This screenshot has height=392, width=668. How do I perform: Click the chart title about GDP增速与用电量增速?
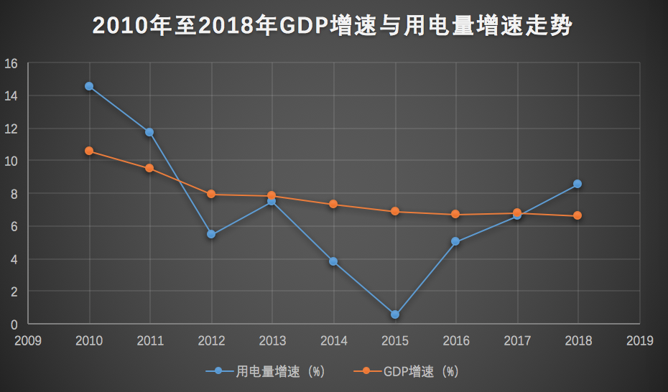333,27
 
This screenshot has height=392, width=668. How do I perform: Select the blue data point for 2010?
89,86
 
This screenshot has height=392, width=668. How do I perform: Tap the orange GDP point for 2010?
89,151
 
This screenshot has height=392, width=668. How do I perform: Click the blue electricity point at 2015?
394,314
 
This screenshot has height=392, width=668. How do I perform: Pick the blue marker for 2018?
577,184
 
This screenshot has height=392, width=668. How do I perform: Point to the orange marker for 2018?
577,215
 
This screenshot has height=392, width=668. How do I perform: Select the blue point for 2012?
211,234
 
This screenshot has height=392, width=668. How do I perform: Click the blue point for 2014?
333,261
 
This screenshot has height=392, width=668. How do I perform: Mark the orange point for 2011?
150,168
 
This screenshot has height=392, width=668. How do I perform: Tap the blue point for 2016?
455,241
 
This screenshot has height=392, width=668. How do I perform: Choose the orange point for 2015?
394,211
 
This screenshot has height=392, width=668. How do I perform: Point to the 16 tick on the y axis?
11,63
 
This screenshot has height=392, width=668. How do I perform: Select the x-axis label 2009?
28,340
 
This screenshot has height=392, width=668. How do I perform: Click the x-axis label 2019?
639,340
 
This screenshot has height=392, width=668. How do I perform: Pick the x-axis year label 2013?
272,340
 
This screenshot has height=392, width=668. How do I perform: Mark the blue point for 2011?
150,132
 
